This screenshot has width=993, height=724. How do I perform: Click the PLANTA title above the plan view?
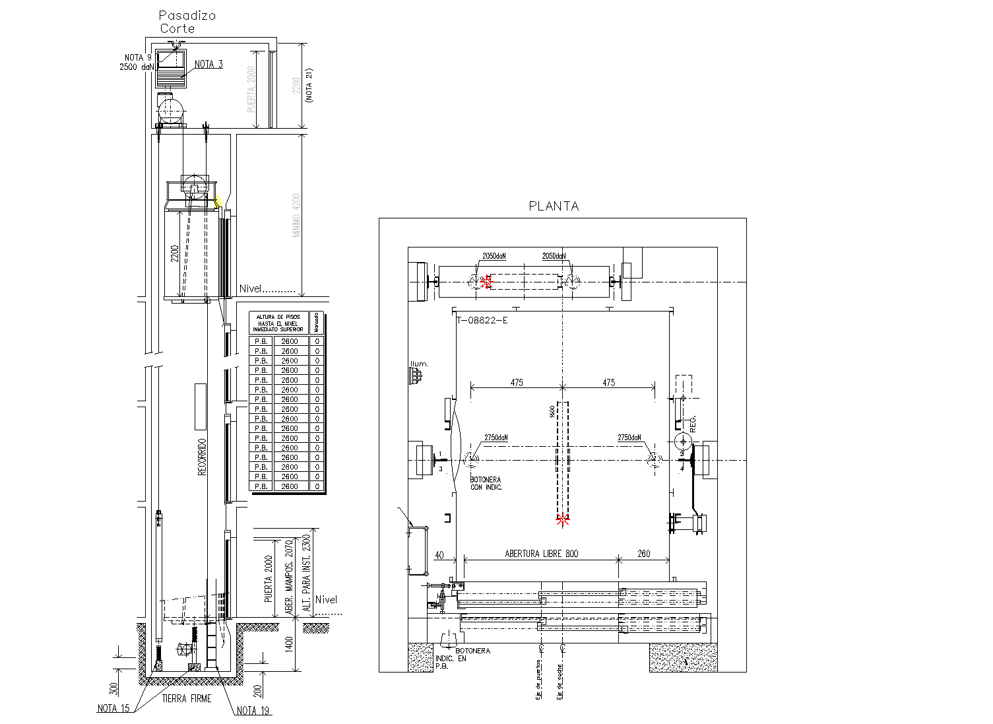[554, 206]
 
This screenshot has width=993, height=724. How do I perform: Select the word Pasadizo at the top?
[187, 15]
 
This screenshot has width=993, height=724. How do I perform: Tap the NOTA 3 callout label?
[208, 64]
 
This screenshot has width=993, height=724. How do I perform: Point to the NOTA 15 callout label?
[113, 708]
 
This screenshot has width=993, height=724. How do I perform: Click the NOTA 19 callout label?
[253, 710]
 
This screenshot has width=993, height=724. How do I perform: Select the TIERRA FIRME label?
[187, 698]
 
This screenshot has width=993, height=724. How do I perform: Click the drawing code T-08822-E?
[482, 321]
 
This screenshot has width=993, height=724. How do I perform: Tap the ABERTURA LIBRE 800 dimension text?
[541, 553]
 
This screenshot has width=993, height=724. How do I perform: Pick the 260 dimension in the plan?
[643, 553]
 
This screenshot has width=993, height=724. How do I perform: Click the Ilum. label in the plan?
[418, 364]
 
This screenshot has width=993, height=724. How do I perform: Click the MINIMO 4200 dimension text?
[297, 215]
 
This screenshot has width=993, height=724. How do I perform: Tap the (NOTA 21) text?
[309, 85]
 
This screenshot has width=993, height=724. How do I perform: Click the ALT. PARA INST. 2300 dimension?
[305, 572]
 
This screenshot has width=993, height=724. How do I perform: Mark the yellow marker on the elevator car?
[218, 201]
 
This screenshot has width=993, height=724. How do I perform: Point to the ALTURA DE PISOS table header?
[279, 323]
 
